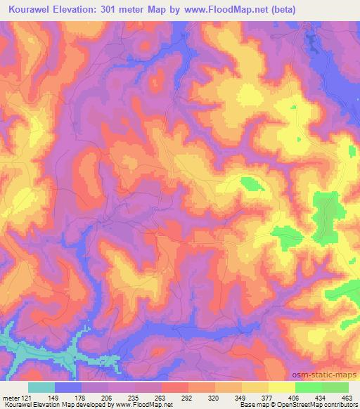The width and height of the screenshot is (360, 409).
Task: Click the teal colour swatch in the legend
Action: click(41, 387)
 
